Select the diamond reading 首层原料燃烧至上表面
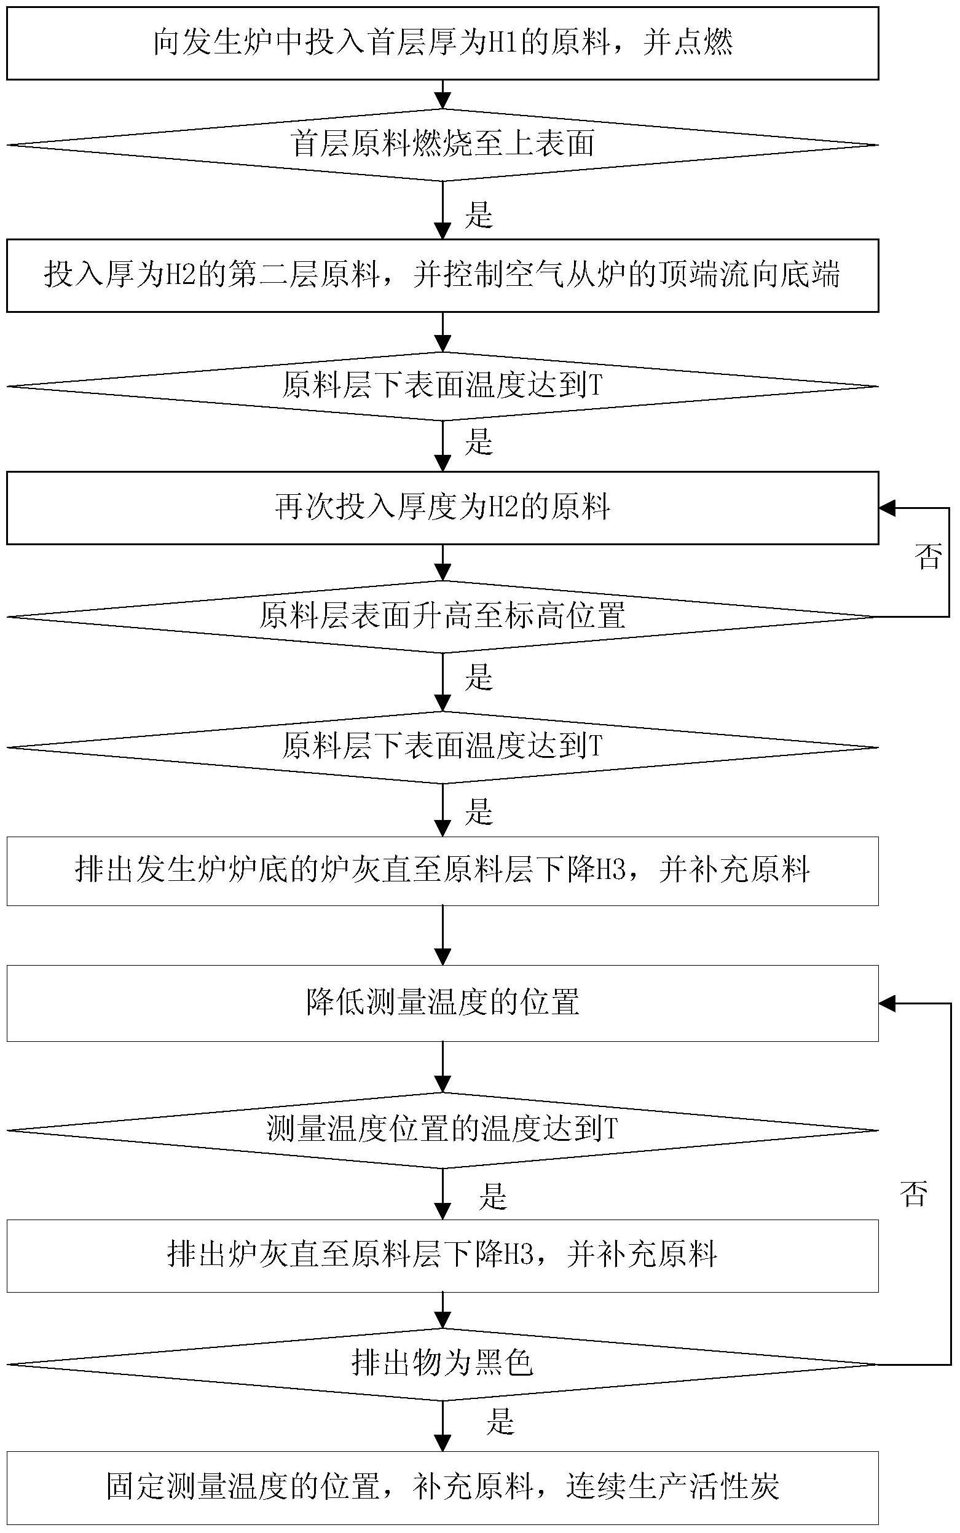pyautogui.click(x=443, y=145)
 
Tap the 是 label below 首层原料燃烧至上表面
pyautogui.click(x=479, y=215)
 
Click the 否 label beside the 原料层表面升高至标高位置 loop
pyautogui.click(x=927, y=556)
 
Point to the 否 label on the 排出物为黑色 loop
pyautogui.click(x=914, y=1193)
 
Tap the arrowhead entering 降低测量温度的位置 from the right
pyautogui.click(x=887, y=1004)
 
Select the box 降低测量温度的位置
pyautogui.click(x=443, y=1003)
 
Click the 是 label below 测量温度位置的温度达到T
pyautogui.click(x=494, y=1196)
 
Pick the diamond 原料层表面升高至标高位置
pyautogui.click(x=443, y=617)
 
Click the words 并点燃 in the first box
pyautogui.click(x=688, y=43)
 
